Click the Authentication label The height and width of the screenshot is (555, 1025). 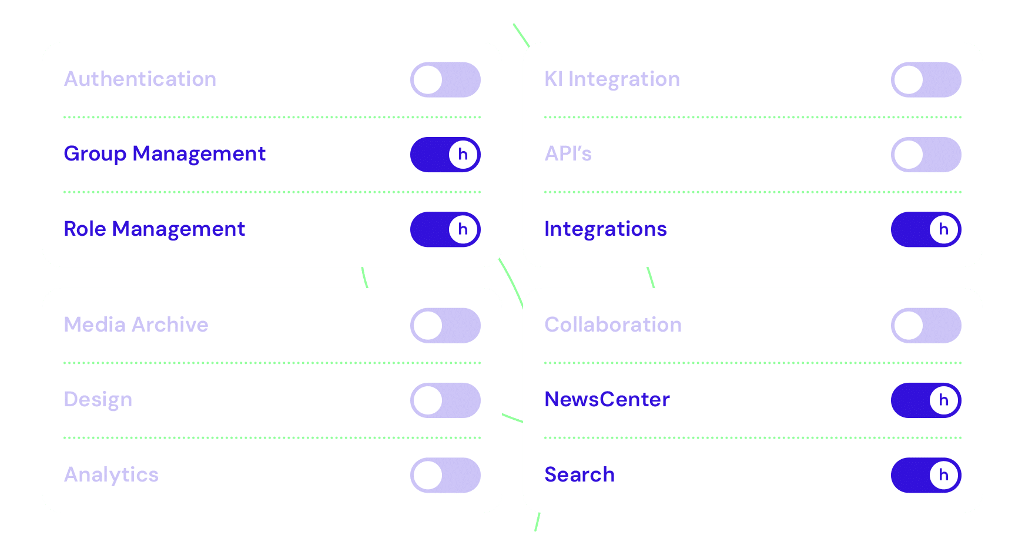point(140,79)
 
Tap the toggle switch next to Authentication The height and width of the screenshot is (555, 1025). point(445,80)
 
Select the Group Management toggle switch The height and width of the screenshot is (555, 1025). point(445,155)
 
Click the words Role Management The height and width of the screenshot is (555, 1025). point(154,229)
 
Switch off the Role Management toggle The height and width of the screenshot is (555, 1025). point(445,229)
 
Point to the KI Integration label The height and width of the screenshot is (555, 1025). point(612,79)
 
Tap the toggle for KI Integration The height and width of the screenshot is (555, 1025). point(926,80)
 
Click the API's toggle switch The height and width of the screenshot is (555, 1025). point(926,155)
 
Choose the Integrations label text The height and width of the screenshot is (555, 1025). point(605,229)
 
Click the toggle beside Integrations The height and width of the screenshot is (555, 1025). point(926,229)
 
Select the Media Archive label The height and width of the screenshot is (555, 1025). point(136,325)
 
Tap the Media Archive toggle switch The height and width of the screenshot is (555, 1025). point(445,326)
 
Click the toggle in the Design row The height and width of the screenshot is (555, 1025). point(445,400)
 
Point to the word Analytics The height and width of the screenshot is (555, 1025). point(111,474)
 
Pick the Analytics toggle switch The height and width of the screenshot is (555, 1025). point(445,475)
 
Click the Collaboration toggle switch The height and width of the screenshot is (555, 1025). point(926,326)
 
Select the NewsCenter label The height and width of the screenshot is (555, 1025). point(607,400)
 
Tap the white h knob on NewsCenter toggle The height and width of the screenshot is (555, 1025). point(943,400)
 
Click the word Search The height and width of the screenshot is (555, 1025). point(580,474)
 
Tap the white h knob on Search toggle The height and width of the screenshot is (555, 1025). point(943,475)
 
